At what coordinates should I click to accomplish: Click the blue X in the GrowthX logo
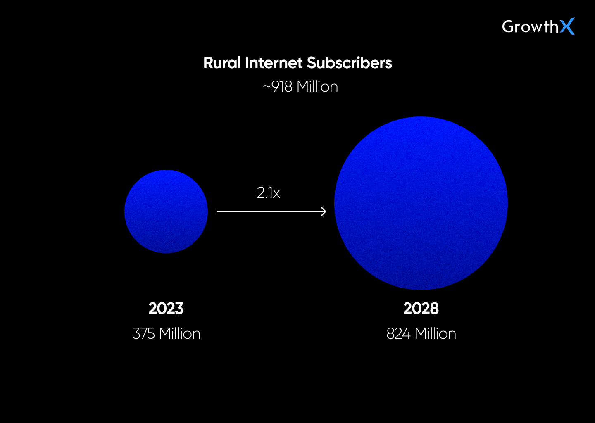567,26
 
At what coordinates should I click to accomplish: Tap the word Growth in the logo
530,27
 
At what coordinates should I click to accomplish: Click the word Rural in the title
222,63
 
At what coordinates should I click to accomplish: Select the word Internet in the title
274,63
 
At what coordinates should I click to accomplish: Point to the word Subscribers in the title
349,63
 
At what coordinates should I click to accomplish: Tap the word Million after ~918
317,87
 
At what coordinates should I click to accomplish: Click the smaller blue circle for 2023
166,211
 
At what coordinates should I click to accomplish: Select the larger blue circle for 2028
421,203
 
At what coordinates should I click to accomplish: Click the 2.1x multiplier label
269,193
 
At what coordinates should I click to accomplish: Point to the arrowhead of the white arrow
324,211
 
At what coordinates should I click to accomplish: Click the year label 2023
166,309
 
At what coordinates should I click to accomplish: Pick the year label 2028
421,309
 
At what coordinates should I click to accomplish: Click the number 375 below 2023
143,334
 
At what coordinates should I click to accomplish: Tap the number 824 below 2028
398,334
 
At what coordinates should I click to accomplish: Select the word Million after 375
180,334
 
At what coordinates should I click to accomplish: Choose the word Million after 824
436,334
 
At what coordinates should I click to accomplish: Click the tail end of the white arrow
219,211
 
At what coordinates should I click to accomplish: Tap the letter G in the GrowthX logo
508,27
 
